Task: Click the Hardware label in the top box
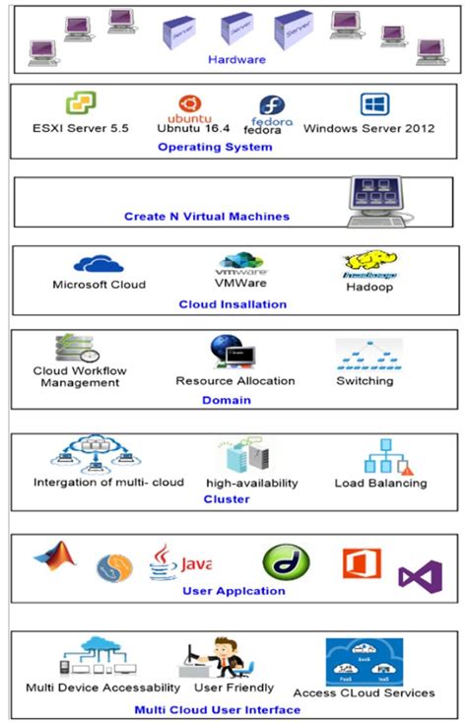point(236,59)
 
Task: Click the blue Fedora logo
point(271,106)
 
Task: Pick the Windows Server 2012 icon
point(374,104)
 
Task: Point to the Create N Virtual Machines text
point(206,216)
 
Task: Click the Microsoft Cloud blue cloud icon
point(98,264)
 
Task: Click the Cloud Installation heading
point(233,304)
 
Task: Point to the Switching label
point(365,380)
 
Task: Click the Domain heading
point(227,400)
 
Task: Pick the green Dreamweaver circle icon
point(286,562)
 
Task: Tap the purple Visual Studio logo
point(421,576)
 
